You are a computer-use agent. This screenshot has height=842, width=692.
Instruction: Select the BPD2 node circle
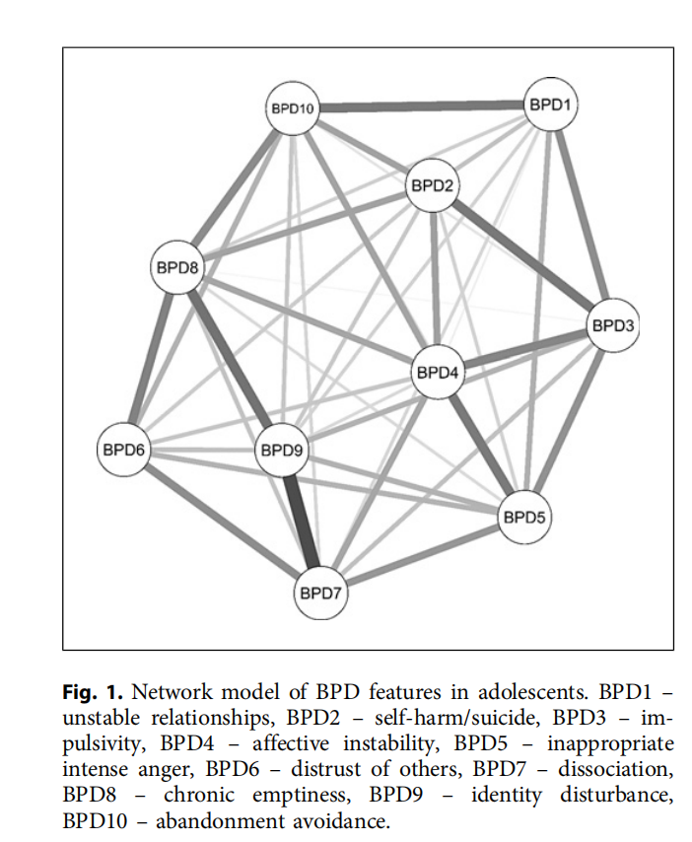[x=433, y=185]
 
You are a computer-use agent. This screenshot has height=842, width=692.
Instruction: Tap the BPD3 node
[x=613, y=325]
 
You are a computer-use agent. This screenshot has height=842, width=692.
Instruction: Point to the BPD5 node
[x=522, y=516]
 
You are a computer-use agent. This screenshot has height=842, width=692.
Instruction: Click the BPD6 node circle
[x=124, y=451]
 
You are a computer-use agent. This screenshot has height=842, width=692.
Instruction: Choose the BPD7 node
[x=321, y=595]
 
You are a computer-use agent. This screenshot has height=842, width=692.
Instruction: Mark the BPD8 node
[x=177, y=266]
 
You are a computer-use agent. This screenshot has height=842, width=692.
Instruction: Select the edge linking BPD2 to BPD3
[x=522, y=255]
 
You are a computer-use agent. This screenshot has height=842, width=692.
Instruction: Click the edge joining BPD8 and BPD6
[x=152, y=356]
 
